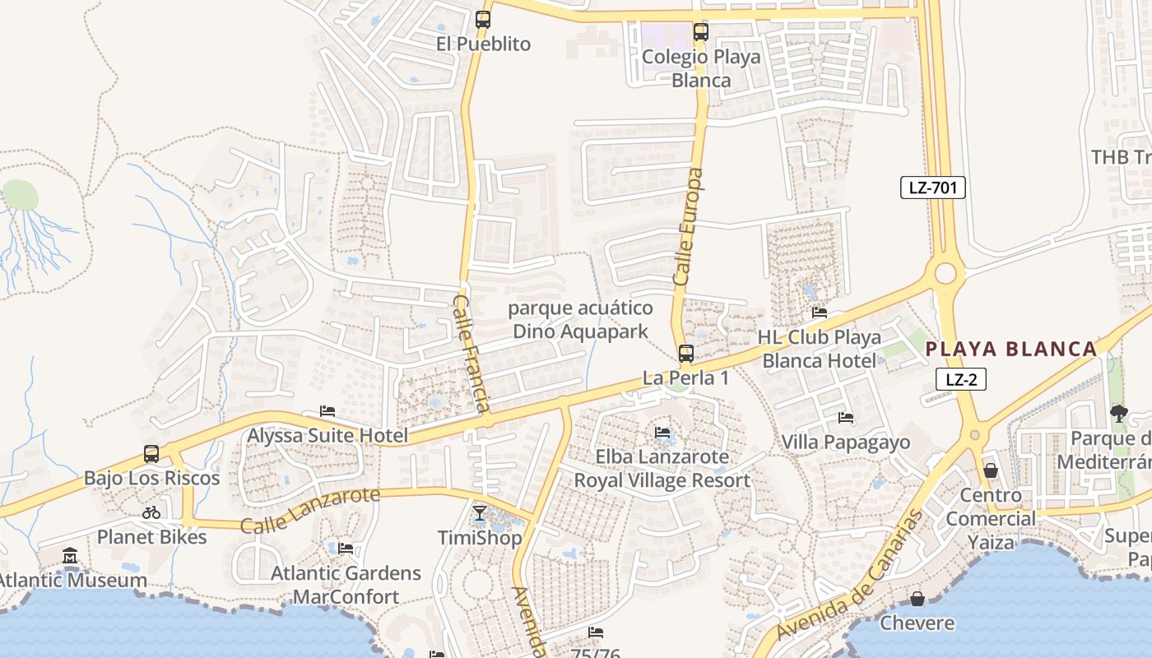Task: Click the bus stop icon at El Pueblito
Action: [x=483, y=20]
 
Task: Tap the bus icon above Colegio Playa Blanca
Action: [x=700, y=32]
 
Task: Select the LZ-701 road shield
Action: [x=932, y=188]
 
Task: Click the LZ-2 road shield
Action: [x=960, y=379]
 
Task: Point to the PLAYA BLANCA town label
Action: [x=1011, y=349]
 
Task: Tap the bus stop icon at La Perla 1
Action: [x=685, y=354]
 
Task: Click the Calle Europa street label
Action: [x=688, y=227]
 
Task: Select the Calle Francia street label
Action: [x=472, y=353]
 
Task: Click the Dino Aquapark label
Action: [x=581, y=320]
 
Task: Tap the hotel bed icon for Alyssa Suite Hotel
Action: [x=327, y=411]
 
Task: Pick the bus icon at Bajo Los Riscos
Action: [x=151, y=453]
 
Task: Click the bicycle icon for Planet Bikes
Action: [x=151, y=512]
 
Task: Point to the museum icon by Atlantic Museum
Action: [x=70, y=556]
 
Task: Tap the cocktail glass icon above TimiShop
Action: [x=480, y=513]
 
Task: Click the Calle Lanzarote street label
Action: [x=310, y=509]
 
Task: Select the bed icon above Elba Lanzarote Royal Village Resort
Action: [x=662, y=433]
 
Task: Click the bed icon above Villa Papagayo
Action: [x=845, y=418]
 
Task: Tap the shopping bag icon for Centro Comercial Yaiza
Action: [x=991, y=470]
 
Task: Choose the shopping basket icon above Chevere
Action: [x=917, y=599]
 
